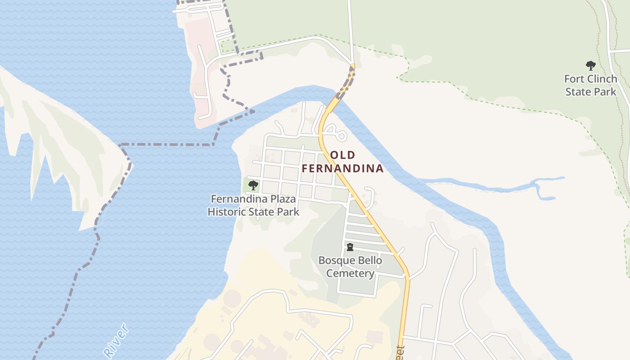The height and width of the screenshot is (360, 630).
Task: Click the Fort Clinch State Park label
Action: (590, 85)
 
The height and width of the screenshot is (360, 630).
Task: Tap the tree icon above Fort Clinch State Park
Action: (590, 66)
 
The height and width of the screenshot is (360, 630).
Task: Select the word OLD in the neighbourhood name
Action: (342, 155)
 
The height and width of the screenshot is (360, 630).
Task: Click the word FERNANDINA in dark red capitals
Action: (342, 169)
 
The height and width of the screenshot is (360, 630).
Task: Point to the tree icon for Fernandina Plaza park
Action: (253, 185)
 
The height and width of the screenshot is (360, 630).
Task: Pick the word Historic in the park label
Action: (225, 211)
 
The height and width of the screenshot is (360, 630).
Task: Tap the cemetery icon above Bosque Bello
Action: (350, 247)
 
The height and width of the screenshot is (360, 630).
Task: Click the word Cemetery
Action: (350, 274)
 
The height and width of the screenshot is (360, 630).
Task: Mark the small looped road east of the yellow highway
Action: (337, 133)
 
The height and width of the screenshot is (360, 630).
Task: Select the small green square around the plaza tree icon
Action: (248, 185)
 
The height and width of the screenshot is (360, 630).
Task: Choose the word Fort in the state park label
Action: (574, 79)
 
